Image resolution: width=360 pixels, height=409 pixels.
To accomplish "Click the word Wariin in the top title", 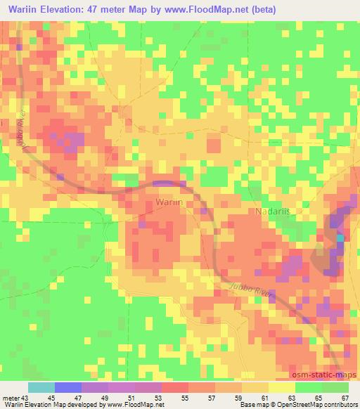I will (x=24, y=10).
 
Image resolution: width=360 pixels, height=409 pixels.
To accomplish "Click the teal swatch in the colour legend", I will (x=41, y=387).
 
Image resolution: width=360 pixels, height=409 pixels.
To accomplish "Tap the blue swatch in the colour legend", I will (x=68, y=387).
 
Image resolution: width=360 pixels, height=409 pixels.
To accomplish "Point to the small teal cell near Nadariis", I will (x=340, y=238).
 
